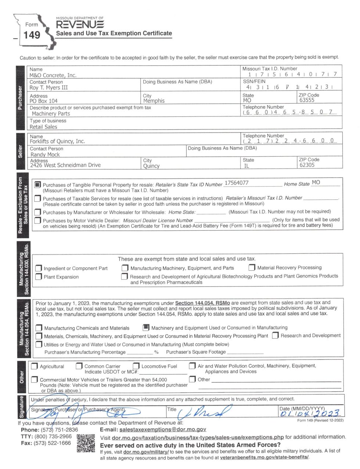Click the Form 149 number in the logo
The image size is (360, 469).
click(x=32, y=35)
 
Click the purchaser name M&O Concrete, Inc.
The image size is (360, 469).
click(x=53, y=75)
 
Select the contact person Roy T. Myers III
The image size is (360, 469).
click(x=48, y=88)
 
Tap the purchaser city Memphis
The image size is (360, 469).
click(x=154, y=101)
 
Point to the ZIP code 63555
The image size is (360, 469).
click(x=307, y=100)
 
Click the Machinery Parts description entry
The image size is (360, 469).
click(x=51, y=114)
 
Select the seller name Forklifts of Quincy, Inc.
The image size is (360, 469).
click(x=57, y=141)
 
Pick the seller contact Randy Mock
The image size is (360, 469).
click(x=45, y=155)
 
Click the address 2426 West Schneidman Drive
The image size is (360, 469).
click(x=65, y=165)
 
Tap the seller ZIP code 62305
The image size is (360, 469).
click(x=307, y=165)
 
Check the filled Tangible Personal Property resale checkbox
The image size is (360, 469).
click(x=37, y=185)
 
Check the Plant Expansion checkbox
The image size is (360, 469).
click(x=39, y=277)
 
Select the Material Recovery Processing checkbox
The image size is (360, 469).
click(x=252, y=268)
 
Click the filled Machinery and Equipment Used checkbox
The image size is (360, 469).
click(x=146, y=327)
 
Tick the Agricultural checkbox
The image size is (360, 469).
click(x=35, y=366)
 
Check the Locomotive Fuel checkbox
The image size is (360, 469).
click(x=136, y=366)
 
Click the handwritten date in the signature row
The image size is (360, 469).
click(x=309, y=414)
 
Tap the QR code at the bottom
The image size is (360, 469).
click(x=86, y=443)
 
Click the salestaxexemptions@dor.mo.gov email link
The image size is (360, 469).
click(x=163, y=429)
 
